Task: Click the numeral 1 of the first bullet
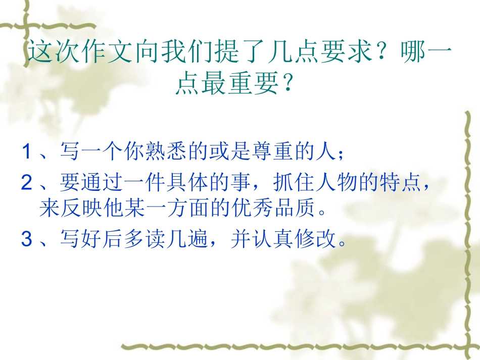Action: tap(26, 151)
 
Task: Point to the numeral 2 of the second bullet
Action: tap(26, 184)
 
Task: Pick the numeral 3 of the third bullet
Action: tap(26, 239)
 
